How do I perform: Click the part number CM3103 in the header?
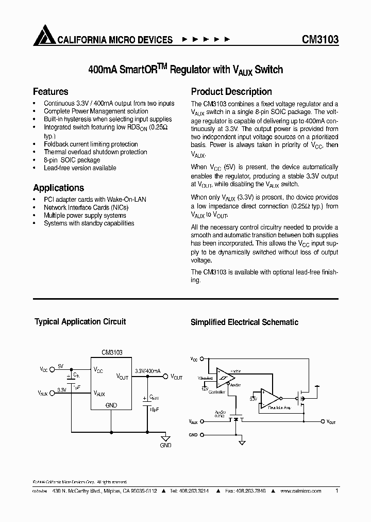319,40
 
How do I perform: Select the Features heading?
50,92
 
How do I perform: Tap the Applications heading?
58,188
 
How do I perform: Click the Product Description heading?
231,92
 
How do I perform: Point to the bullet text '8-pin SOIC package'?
72,160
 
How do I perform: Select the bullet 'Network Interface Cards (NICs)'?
86,207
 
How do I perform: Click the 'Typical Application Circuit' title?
80,321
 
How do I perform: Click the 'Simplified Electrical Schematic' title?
244,322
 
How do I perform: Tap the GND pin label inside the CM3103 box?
111,405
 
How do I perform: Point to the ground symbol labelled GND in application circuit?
165,436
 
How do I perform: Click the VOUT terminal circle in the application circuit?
166,377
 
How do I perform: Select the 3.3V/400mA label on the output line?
147,371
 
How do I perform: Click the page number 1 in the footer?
336,491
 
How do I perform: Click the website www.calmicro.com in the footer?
300,491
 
